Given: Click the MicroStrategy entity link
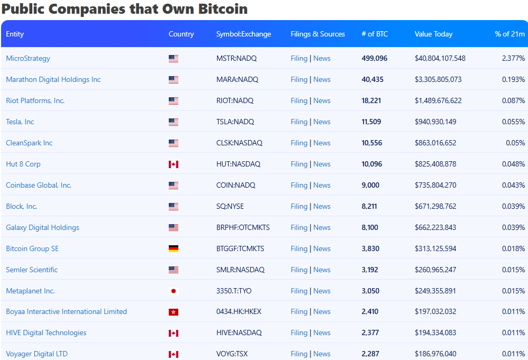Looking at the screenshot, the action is tap(28, 58).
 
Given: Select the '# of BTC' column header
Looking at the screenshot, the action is tap(375, 34).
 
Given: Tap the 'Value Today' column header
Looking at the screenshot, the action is tap(433, 34).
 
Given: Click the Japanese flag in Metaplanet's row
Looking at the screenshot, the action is tap(174, 291).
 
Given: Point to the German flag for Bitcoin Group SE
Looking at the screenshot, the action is tap(174, 248).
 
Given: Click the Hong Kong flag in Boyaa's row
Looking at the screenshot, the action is tap(174, 312).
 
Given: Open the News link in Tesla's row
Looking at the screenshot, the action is tap(322, 122).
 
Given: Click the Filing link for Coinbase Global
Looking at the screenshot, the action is tap(299, 185).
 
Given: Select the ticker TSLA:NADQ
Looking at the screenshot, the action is tap(235, 122).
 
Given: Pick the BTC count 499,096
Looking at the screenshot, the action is tap(375, 58).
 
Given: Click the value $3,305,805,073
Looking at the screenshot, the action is tap(438, 79).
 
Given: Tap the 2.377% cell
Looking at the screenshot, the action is tap(513, 58).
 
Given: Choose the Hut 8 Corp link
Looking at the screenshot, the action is tap(23, 164).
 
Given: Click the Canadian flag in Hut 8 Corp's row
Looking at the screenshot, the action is tap(174, 164).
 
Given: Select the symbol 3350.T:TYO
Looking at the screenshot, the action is tap(234, 291).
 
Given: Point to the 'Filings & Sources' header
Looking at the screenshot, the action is tap(317, 34).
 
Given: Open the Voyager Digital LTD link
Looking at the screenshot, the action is tap(37, 354).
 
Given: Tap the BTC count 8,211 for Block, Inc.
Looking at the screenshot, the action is tap(369, 206).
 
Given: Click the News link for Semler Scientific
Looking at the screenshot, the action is tap(322, 270).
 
